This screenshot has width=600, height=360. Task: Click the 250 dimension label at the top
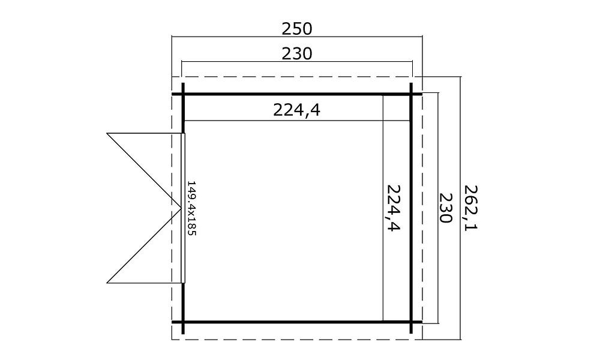[x=297, y=29]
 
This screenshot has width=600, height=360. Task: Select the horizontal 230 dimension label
[x=297, y=54]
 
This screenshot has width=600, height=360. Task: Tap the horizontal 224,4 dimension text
[x=296, y=110]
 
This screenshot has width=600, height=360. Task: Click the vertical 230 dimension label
[x=445, y=208]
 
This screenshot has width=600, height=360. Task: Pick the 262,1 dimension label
[x=470, y=208]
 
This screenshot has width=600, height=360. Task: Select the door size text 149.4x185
[x=191, y=208]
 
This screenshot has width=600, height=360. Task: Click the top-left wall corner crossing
[x=183, y=94]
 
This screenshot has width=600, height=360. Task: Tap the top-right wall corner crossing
[x=412, y=94]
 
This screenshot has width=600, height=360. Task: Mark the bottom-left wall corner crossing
[x=183, y=322]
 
